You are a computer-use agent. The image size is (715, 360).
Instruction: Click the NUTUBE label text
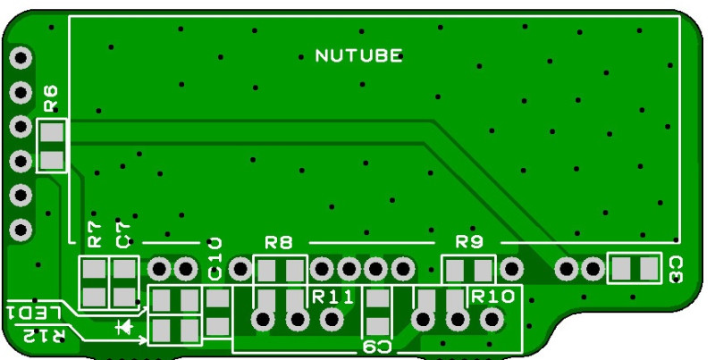click(358, 56)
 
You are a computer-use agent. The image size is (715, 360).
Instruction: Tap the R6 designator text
click(51, 97)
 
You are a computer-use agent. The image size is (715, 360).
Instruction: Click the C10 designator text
click(215, 258)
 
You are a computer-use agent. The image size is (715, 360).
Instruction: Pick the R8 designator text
click(279, 241)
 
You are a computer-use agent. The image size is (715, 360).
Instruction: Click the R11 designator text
click(333, 296)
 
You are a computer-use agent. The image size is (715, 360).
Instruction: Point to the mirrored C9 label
click(377, 346)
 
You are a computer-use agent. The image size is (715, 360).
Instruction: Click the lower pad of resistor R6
click(53, 160)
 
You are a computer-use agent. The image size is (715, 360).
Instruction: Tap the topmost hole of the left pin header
click(20, 59)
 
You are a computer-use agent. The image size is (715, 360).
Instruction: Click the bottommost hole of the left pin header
click(20, 230)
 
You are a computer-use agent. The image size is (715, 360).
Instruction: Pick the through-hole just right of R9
click(511, 267)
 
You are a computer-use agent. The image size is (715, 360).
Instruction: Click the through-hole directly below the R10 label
click(491, 319)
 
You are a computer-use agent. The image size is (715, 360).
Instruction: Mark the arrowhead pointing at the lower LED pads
click(143, 339)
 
